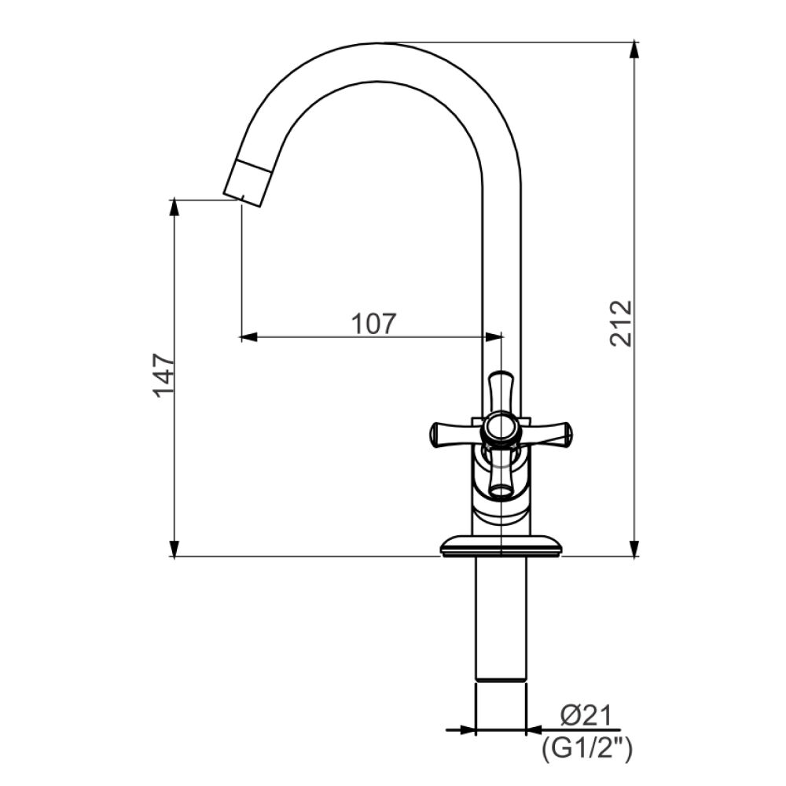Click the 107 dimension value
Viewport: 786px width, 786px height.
click(x=373, y=323)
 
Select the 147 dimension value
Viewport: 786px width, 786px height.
click(x=163, y=375)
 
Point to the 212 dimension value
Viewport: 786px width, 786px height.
click(x=620, y=322)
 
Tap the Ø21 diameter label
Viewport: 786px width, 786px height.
click(x=586, y=716)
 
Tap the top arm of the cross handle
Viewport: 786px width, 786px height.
click(x=501, y=388)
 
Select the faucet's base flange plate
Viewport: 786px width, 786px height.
click(x=501, y=545)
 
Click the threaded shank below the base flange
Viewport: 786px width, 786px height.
click(x=501, y=621)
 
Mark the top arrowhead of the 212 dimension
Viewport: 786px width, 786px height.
click(x=635, y=50)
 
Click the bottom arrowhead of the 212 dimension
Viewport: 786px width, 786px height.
click(x=635, y=549)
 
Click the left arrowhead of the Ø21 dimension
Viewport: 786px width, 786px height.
click(x=468, y=730)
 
